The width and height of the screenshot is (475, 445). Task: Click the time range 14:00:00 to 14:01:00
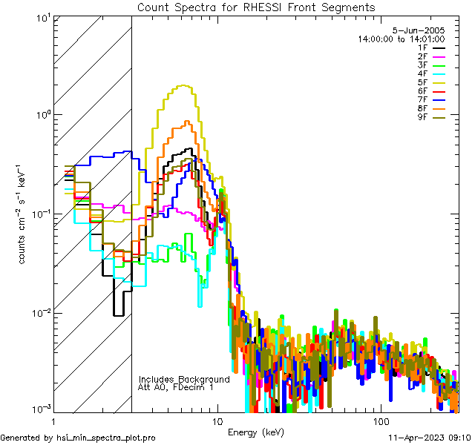pos(401,39)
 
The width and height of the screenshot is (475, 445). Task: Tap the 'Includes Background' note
pos(184,379)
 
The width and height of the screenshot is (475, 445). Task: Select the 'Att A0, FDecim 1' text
pos(176,387)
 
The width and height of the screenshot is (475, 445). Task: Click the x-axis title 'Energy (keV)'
pos(256,432)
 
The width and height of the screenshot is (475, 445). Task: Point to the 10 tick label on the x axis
pos(217,420)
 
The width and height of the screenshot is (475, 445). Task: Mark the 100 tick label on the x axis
pos(380,420)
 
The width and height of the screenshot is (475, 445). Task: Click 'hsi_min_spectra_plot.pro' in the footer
pos(106,438)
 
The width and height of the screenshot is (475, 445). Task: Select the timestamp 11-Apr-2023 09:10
pos(427,438)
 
